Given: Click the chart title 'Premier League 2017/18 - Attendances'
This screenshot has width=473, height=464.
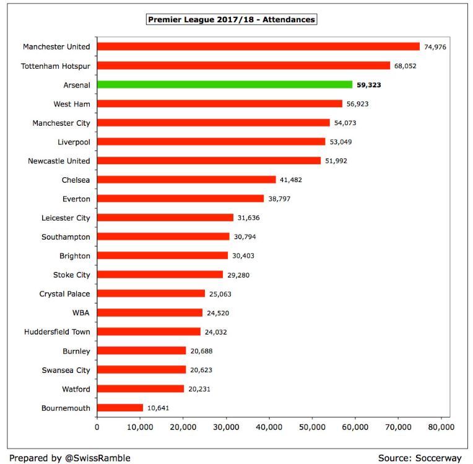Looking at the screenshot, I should click(232, 20).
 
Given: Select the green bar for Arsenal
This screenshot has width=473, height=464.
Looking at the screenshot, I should click(225, 84).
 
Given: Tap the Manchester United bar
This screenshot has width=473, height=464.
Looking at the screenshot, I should click(258, 46).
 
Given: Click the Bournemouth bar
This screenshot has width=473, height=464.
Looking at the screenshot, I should click(120, 408).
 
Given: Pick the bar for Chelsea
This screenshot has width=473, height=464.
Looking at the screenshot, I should click(186, 180).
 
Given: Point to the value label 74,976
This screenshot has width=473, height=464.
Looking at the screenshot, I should click(435, 46).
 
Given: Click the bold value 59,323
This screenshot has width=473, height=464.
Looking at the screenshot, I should click(369, 85).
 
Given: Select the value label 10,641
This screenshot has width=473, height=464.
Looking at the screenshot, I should click(158, 408).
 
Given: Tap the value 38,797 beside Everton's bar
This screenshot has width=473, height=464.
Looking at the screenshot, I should click(279, 199).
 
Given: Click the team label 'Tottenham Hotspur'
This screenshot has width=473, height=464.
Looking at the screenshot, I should click(56, 66).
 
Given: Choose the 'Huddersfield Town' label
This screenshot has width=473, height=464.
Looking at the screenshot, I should click(57, 332).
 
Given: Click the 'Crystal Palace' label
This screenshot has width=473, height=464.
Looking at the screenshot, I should click(64, 294).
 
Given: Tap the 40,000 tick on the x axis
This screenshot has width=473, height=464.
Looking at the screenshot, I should click(269, 427).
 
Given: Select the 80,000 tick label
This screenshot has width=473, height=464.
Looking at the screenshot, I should click(441, 427).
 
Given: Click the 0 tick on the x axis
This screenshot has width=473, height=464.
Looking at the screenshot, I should click(97, 427).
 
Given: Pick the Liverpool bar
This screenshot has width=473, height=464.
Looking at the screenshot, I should click(211, 141).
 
